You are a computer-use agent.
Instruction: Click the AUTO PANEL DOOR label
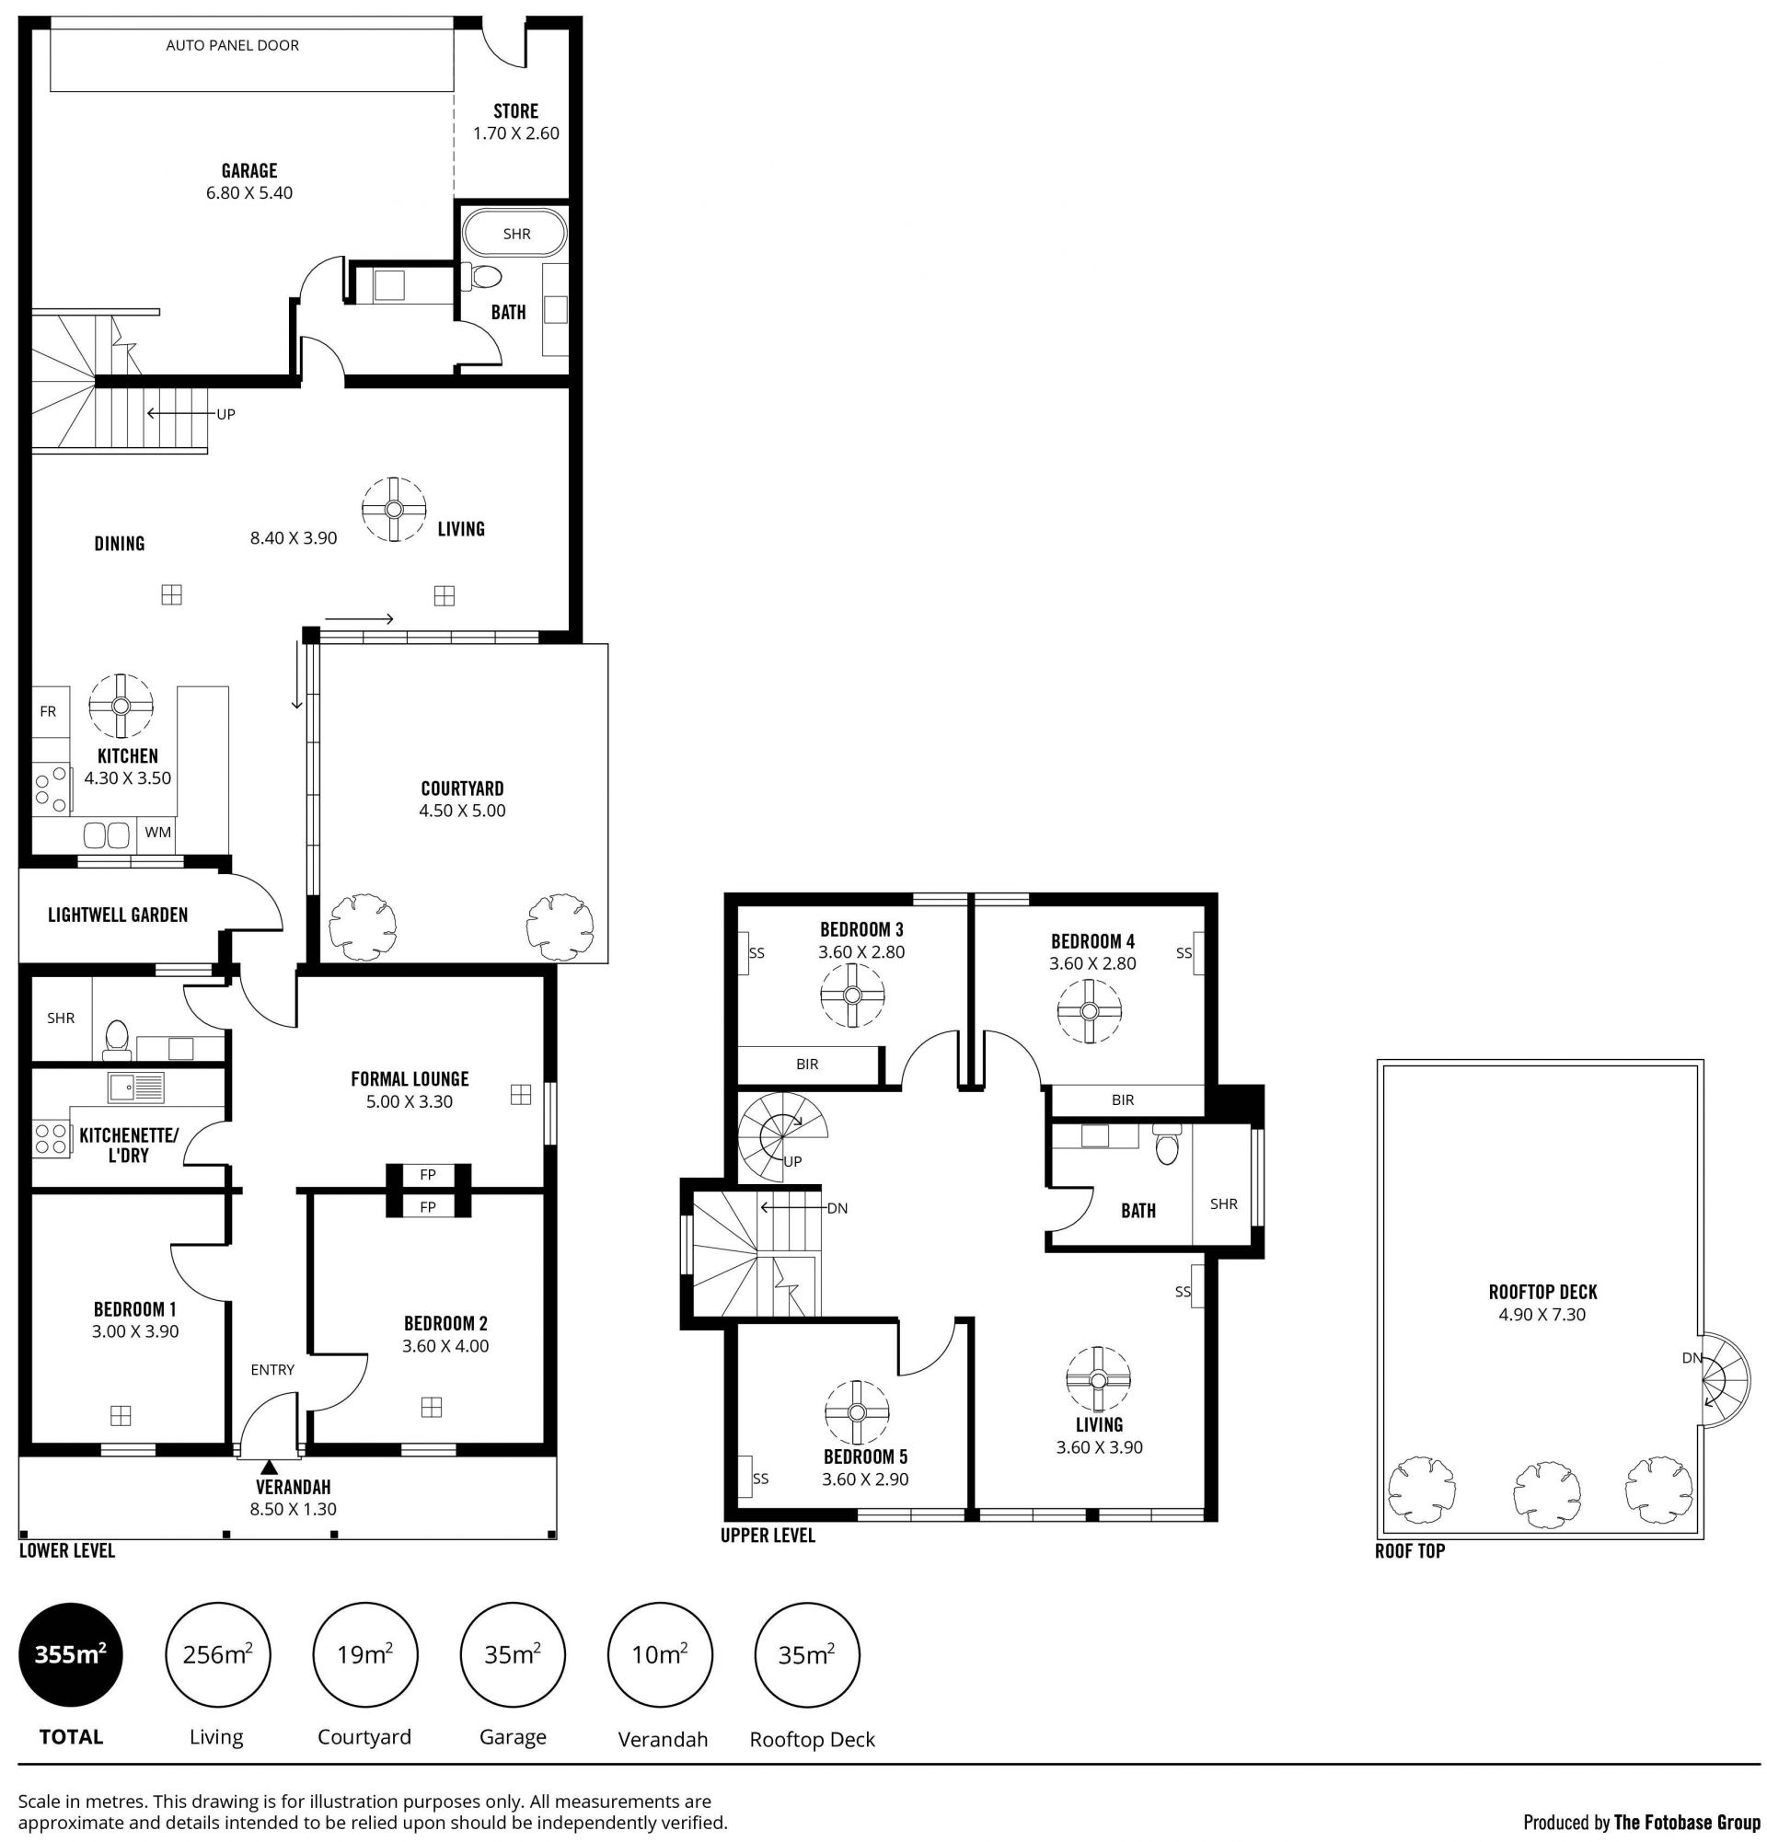click(232, 45)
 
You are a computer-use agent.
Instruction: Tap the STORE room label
click(515, 111)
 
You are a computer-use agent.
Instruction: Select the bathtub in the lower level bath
click(516, 234)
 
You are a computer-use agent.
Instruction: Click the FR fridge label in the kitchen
click(48, 711)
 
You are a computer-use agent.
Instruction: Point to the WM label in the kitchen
click(158, 832)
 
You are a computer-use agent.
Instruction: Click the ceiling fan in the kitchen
click(121, 706)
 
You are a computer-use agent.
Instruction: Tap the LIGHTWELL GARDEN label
click(118, 915)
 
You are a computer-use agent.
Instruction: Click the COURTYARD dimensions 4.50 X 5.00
click(461, 811)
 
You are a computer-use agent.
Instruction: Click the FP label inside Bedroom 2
click(428, 1207)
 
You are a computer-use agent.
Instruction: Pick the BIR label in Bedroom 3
click(806, 1065)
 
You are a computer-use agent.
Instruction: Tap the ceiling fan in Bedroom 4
click(1090, 1011)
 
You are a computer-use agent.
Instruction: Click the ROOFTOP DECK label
click(1542, 1292)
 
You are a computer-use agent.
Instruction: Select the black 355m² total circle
click(71, 1654)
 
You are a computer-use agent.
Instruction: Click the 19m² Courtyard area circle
click(364, 1654)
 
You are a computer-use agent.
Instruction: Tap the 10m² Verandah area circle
click(660, 1654)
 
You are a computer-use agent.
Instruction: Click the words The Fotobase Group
click(1687, 1822)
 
